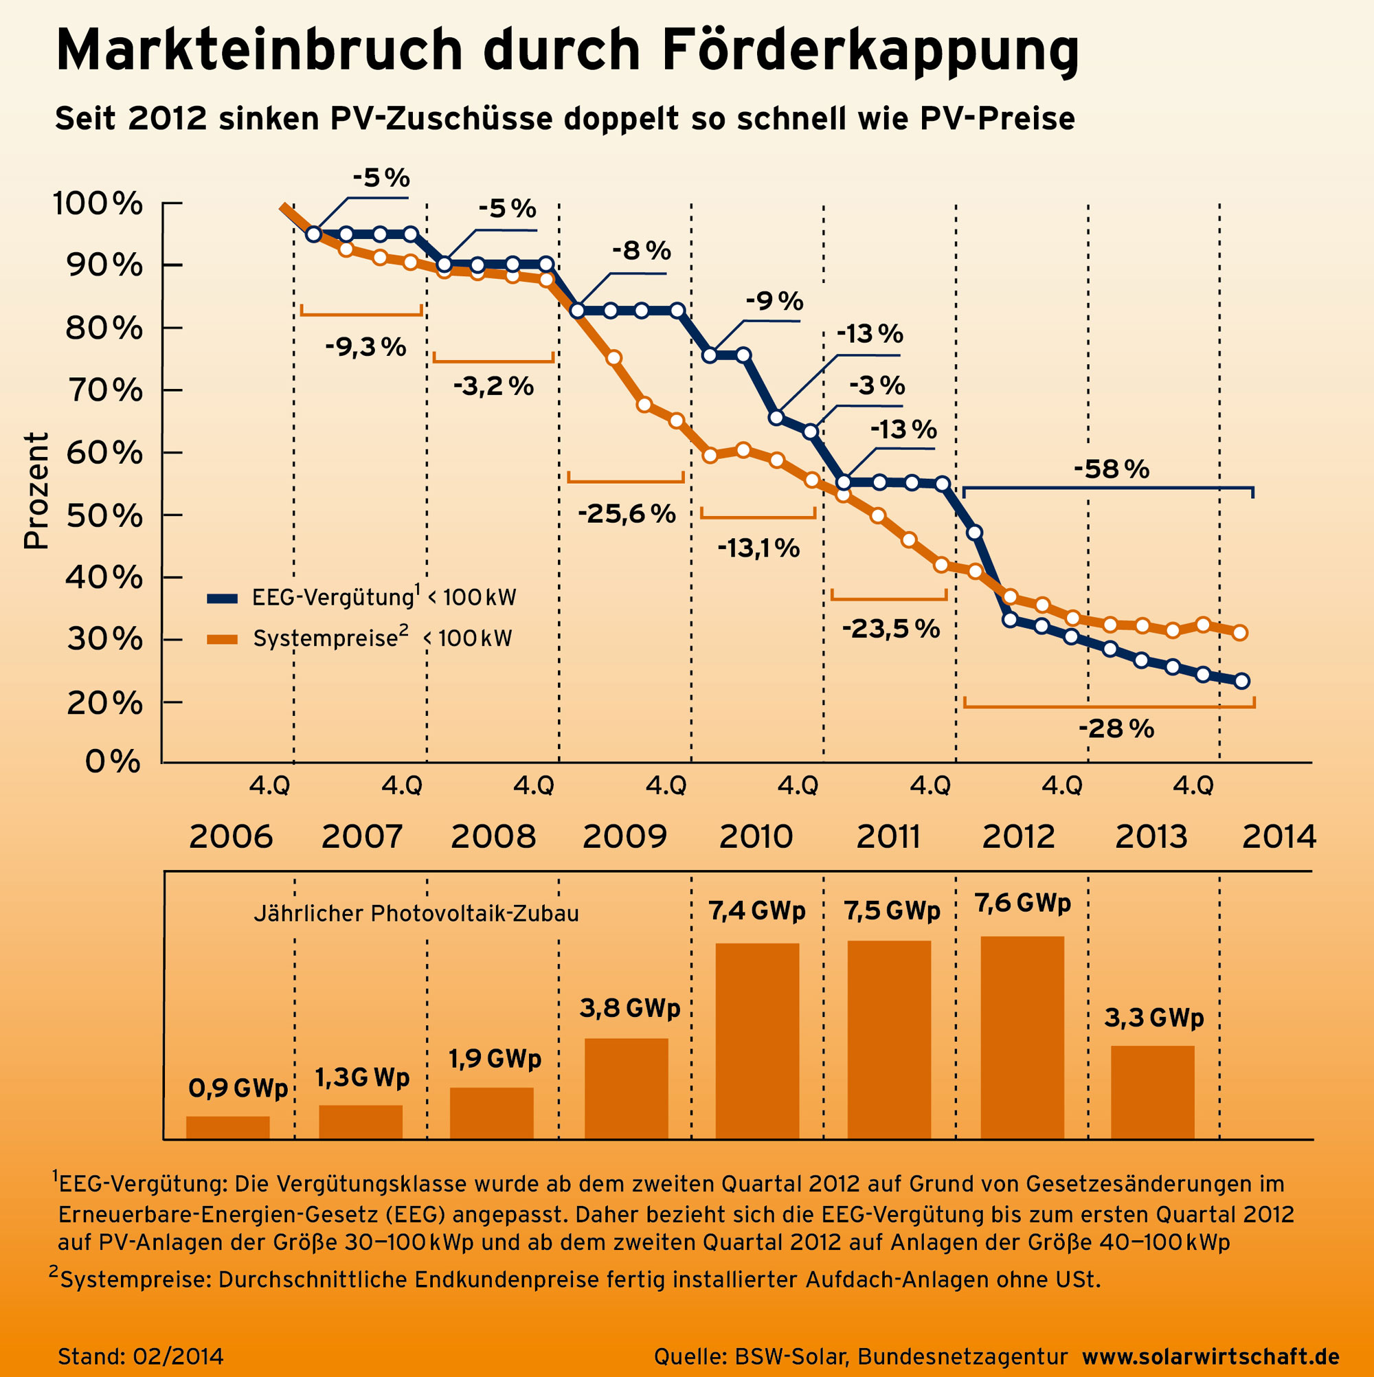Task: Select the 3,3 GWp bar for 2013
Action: (1152, 1092)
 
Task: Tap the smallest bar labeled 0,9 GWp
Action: (228, 1128)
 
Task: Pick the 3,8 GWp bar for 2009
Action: (627, 1088)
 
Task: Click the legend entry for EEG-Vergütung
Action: (361, 598)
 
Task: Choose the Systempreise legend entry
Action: (360, 638)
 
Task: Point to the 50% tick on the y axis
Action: (171, 515)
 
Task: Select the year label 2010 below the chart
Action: (756, 837)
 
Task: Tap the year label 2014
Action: (1279, 837)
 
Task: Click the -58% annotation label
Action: (1111, 470)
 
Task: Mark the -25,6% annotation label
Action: (627, 514)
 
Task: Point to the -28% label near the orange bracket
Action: (1116, 729)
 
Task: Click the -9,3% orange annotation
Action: (365, 348)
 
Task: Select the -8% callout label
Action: (642, 251)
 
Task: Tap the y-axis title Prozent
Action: (36, 491)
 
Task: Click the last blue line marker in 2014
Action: (1241, 682)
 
